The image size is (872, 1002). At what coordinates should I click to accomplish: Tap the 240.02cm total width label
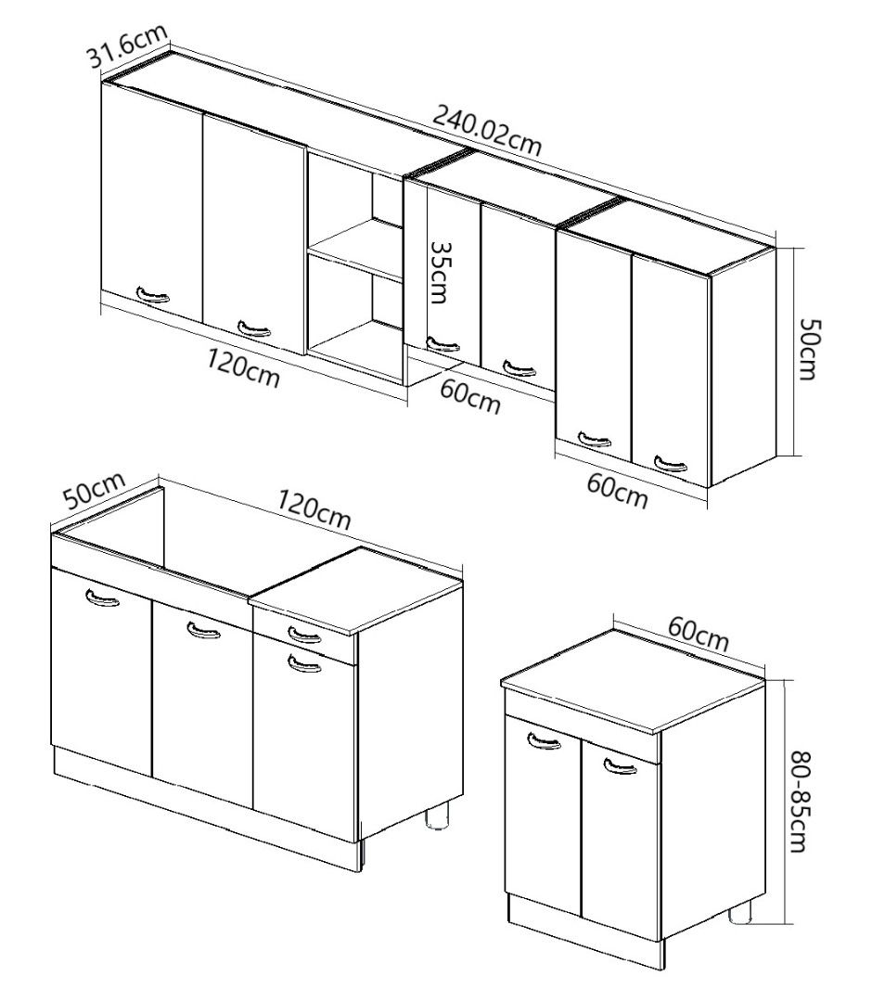487,131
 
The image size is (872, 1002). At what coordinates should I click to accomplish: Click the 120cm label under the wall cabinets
243,368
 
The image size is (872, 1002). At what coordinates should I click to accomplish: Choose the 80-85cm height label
799,802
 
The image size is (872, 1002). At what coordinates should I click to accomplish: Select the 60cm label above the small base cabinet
699,635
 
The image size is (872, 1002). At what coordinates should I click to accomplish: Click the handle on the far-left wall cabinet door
153,295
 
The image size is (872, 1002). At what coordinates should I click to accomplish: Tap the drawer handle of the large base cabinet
304,635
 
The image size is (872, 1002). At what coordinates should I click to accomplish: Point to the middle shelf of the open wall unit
355,249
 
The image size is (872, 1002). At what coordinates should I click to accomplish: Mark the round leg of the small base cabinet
742,913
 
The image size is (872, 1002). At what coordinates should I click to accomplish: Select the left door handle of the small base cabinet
545,740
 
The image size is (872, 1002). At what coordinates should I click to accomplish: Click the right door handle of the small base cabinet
620,764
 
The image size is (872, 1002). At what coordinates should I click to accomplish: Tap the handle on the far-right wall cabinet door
671,463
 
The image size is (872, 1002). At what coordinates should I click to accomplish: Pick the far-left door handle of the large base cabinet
102,597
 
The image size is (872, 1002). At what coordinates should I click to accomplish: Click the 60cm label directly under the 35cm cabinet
470,396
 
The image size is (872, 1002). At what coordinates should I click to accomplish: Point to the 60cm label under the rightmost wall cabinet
617,491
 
